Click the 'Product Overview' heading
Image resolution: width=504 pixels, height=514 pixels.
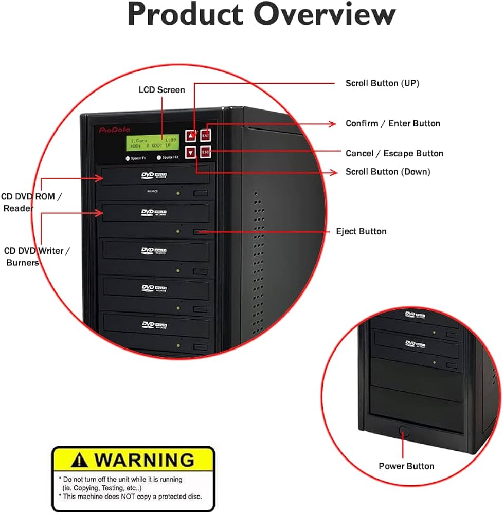coord(261,15)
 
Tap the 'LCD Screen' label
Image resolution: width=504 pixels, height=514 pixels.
coord(161,90)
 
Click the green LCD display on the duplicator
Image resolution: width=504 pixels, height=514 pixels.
coord(154,143)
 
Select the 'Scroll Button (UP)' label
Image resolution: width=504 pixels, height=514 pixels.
coord(382,83)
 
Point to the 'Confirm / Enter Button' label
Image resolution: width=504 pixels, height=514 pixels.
coord(393,123)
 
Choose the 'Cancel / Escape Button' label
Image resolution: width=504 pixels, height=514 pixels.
coord(394,153)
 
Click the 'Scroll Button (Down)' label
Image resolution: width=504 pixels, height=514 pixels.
coord(388,172)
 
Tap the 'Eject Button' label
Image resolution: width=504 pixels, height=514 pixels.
coord(361,231)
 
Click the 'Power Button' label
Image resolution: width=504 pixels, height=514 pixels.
coord(406,466)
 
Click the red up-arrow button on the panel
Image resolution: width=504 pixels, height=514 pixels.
coord(191,136)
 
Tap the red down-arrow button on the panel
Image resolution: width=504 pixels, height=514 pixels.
coord(191,152)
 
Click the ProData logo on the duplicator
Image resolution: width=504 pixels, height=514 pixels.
coord(114,131)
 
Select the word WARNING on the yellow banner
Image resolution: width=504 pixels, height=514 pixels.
coord(145,459)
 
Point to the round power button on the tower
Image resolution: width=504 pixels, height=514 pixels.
coord(404,431)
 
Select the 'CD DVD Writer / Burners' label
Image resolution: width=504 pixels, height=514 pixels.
coord(36,256)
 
